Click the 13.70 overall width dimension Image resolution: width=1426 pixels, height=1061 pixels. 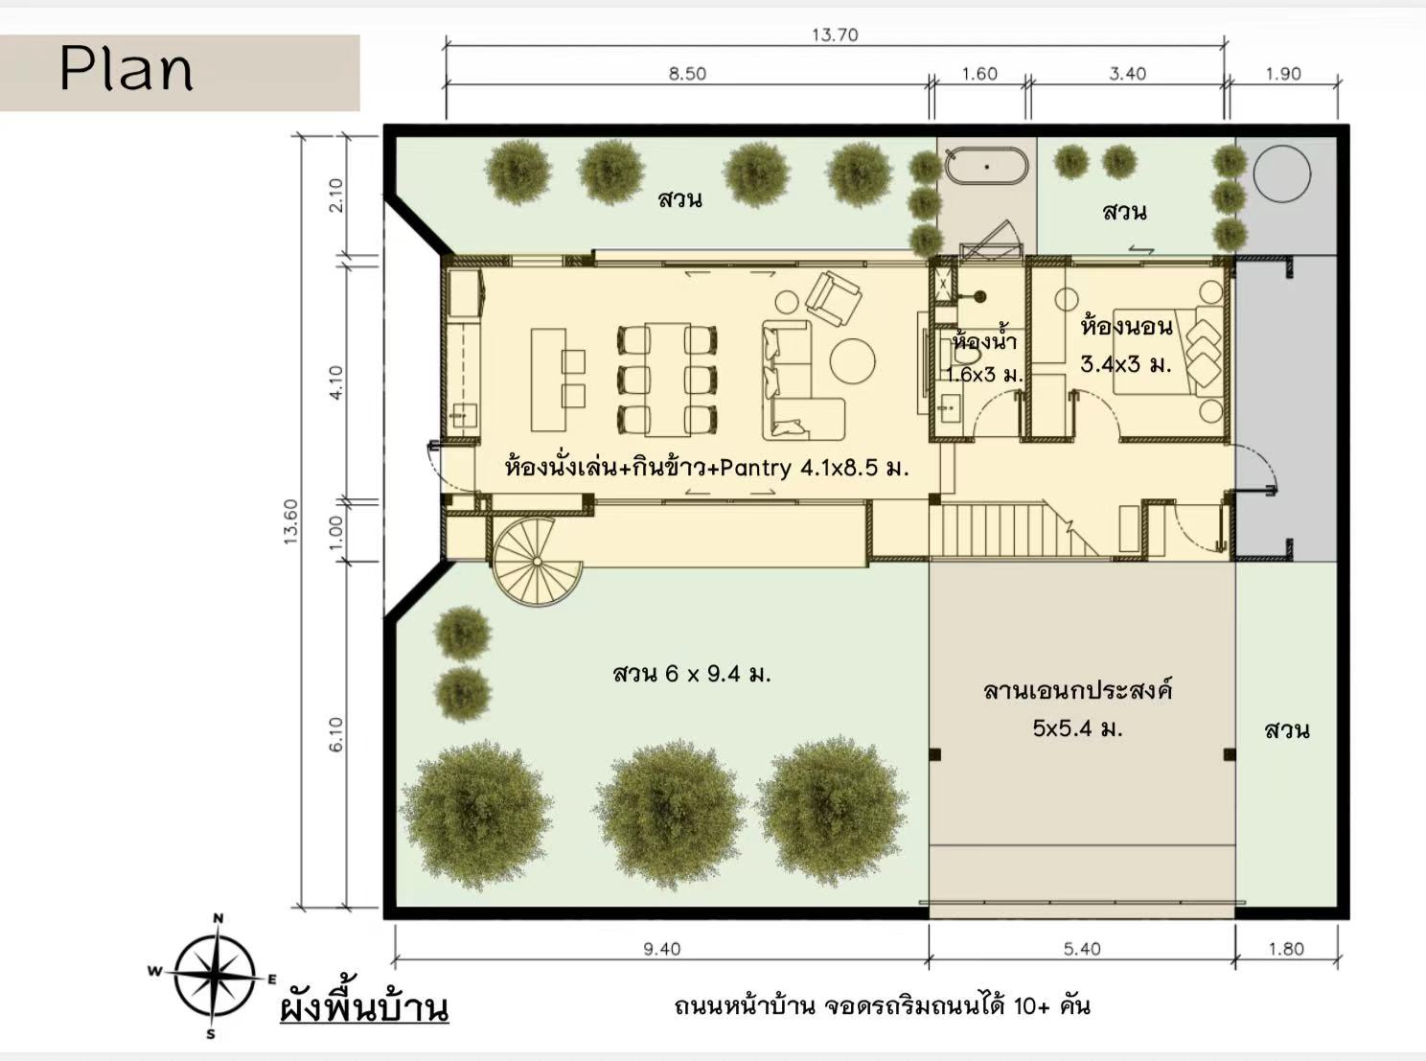tap(835, 35)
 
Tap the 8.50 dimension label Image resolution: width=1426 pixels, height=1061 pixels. tap(687, 74)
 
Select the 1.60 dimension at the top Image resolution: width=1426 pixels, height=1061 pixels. tap(979, 74)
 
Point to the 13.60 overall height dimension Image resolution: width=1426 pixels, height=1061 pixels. tap(291, 521)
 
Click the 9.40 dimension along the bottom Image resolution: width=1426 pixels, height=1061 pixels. tap(661, 949)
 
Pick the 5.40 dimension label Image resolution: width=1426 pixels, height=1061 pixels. tap(1082, 949)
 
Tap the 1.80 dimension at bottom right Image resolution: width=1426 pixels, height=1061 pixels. tap(1286, 949)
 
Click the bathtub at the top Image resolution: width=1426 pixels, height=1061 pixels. tap(987, 167)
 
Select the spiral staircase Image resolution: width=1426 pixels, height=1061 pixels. tap(539, 562)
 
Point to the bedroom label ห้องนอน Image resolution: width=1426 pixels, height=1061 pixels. tap(1127, 326)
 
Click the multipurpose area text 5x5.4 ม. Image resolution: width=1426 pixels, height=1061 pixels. tap(1078, 729)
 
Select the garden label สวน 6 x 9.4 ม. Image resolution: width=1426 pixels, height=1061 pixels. tap(693, 674)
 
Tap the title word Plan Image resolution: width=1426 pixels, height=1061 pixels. tap(126, 69)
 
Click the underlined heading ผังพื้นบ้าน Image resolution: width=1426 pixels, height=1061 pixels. tap(364, 1007)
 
